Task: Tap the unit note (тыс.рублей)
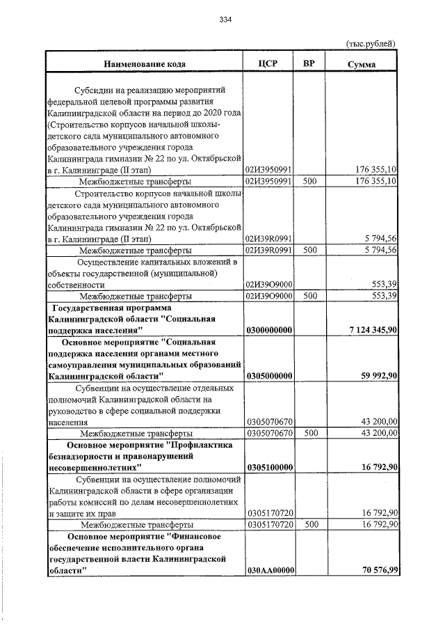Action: tap(371, 43)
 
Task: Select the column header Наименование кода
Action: tap(145, 64)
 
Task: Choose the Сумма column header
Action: tap(362, 64)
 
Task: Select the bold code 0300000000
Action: tap(269, 329)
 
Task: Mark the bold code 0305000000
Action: tap(269, 375)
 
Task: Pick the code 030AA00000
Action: tap(269, 569)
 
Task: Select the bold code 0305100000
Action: tap(269, 466)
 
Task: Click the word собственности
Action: tap(76, 285)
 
